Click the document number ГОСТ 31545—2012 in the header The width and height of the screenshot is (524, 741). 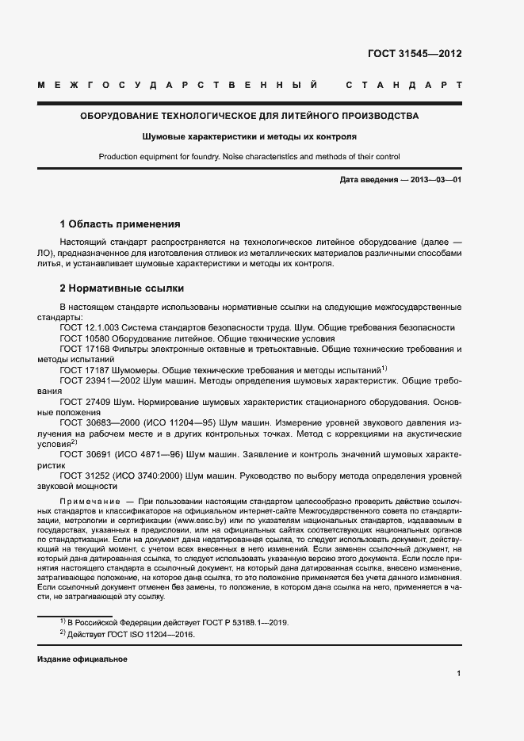pyautogui.click(x=414, y=55)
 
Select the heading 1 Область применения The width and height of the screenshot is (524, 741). pyautogui.click(x=120, y=224)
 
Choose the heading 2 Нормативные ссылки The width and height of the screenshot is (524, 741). pyautogui.click(x=122, y=288)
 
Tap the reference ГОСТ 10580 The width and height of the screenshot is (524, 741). pyautogui.click(x=78, y=338)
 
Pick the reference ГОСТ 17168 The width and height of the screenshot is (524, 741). pyautogui.click(x=78, y=349)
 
